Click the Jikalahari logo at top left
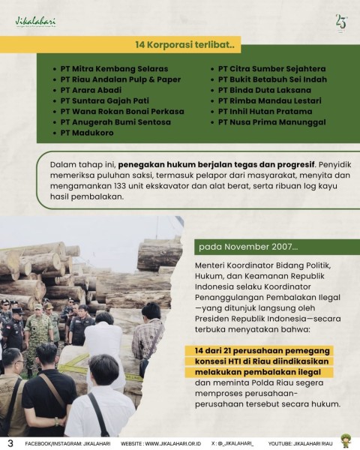[35, 22]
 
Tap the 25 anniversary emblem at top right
[341, 22]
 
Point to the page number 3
[10, 442]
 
